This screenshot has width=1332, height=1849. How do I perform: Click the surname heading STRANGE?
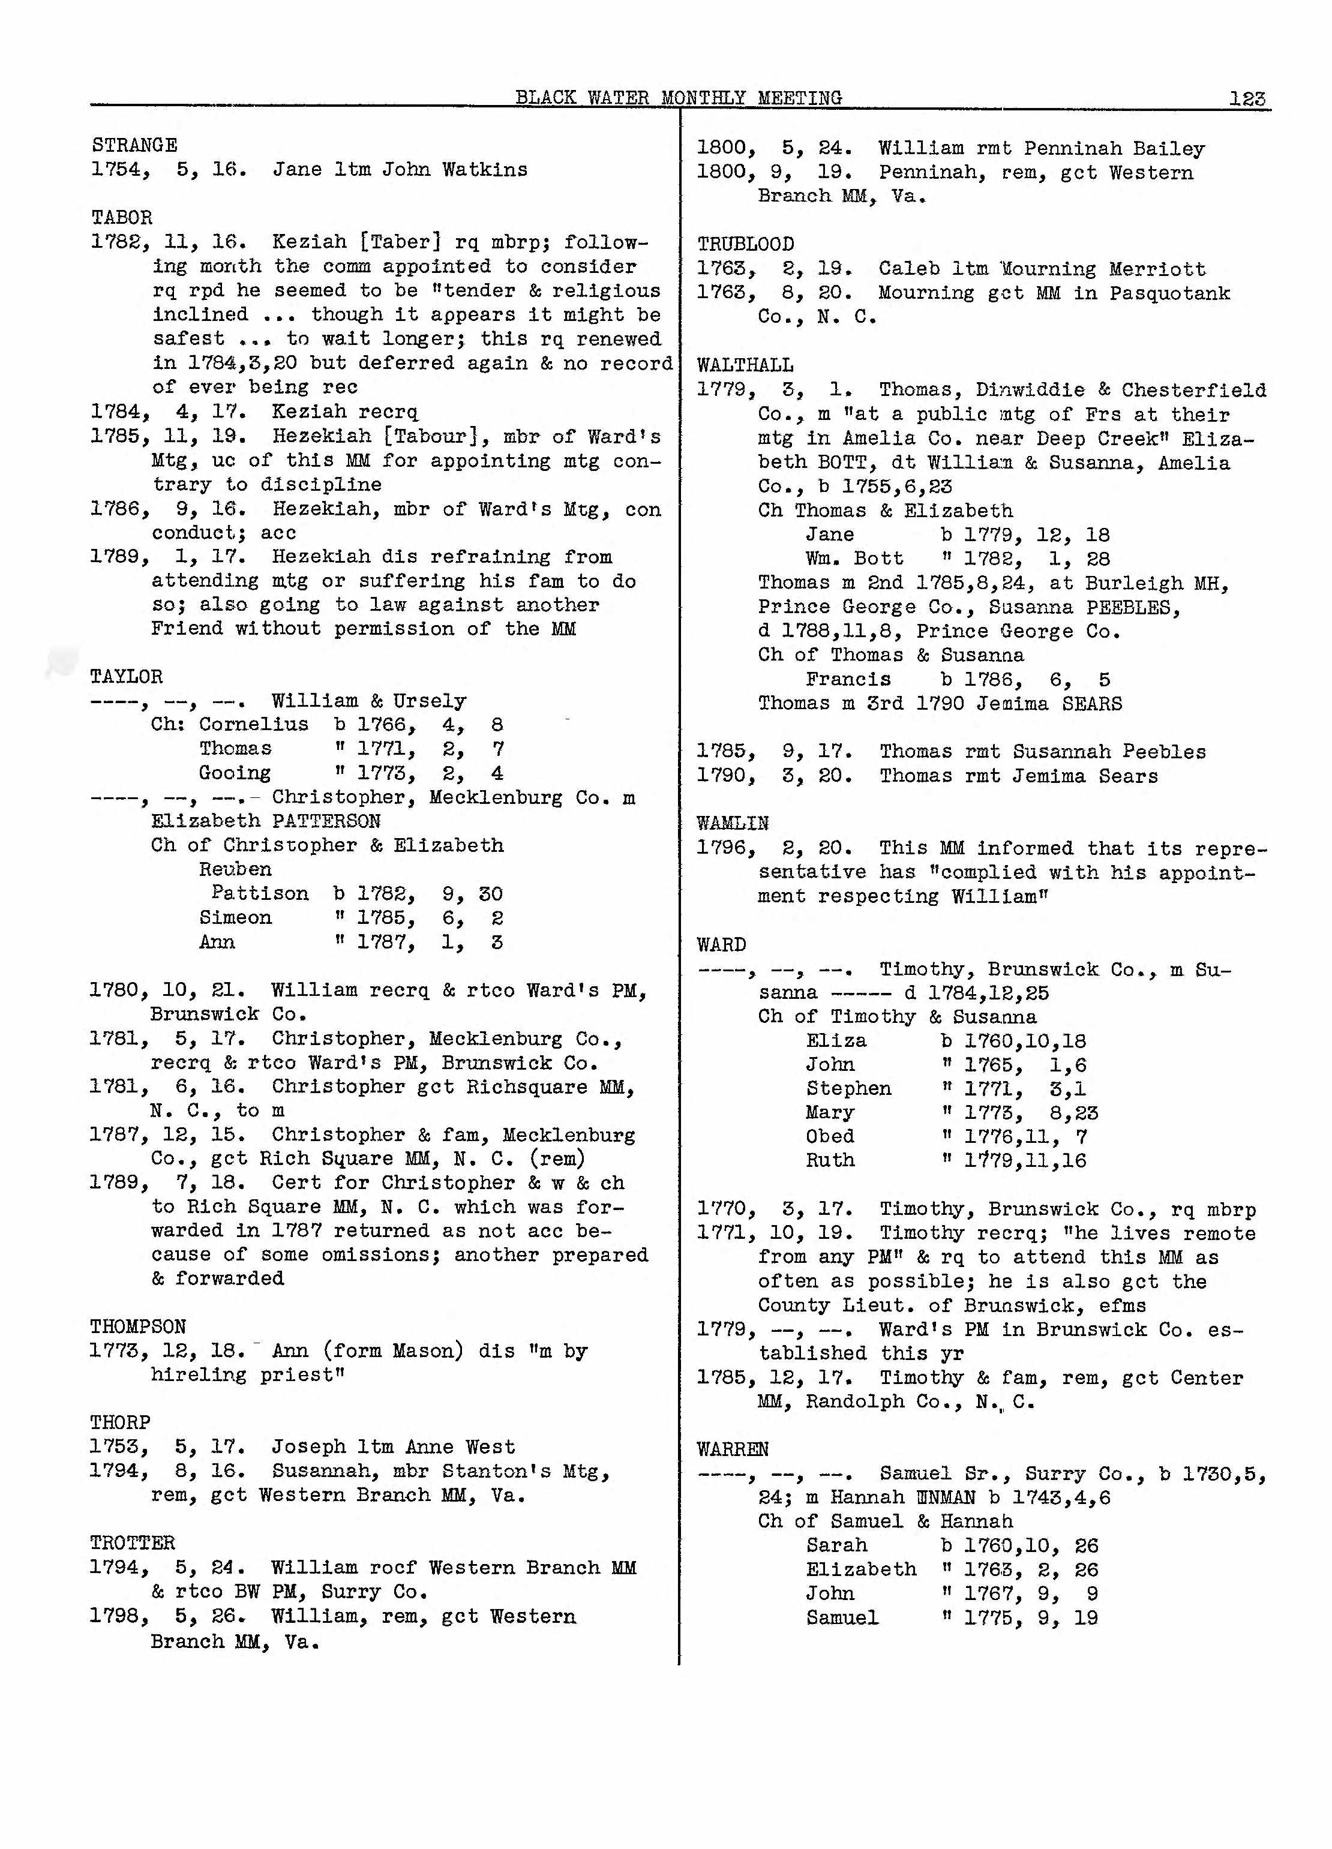click(134, 145)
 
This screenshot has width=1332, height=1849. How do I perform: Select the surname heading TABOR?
click(121, 218)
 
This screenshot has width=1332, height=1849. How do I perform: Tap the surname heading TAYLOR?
click(127, 677)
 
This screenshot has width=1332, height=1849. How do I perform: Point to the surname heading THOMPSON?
click(138, 1326)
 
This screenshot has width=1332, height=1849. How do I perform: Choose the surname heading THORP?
click(120, 1422)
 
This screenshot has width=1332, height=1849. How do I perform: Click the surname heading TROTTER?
click(132, 1543)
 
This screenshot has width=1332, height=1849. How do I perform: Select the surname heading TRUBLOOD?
click(745, 245)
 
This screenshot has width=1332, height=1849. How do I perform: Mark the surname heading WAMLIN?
click(733, 823)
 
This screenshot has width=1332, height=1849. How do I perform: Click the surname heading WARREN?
click(733, 1449)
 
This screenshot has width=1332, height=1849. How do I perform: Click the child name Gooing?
click(235, 773)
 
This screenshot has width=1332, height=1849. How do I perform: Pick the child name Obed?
click(830, 1136)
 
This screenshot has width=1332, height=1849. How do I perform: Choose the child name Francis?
click(848, 680)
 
